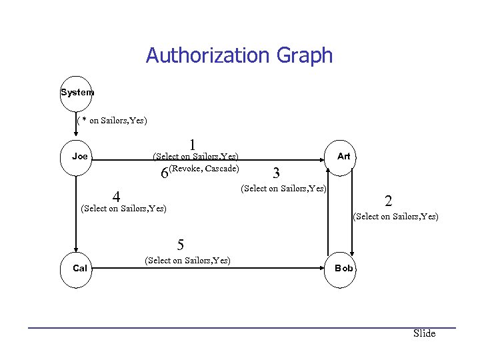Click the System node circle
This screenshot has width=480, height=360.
coord(77,93)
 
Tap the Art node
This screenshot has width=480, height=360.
coord(343,157)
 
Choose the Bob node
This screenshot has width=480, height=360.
coord(343,269)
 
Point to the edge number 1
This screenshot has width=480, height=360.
coord(192,145)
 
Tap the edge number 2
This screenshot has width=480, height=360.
coord(388,201)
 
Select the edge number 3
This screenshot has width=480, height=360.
coord(275,173)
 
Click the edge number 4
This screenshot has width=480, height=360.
coord(116,197)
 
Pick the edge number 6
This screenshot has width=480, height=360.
coord(165,173)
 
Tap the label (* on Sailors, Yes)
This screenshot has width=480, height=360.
coord(112,121)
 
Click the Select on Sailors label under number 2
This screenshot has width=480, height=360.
coord(395,216)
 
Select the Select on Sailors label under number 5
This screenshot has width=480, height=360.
coord(187,260)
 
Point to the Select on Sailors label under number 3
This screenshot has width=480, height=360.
coord(283,189)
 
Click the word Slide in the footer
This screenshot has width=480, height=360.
coord(424,333)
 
